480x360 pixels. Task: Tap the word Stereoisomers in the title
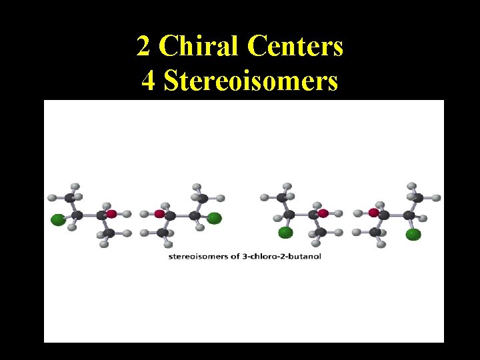point(250,81)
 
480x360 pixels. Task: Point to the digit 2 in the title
point(143,46)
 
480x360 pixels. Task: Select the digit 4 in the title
point(148,81)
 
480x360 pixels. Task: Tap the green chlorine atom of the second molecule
point(214,217)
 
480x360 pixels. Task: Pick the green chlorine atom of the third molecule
point(285,232)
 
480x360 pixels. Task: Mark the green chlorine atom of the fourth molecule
point(413,233)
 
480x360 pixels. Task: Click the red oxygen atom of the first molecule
point(111,214)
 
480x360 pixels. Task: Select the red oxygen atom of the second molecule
point(159,214)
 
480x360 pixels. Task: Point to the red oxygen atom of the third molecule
point(323,213)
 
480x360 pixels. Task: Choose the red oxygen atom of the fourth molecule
point(374,213)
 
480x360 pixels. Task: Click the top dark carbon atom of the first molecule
point(70,197)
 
